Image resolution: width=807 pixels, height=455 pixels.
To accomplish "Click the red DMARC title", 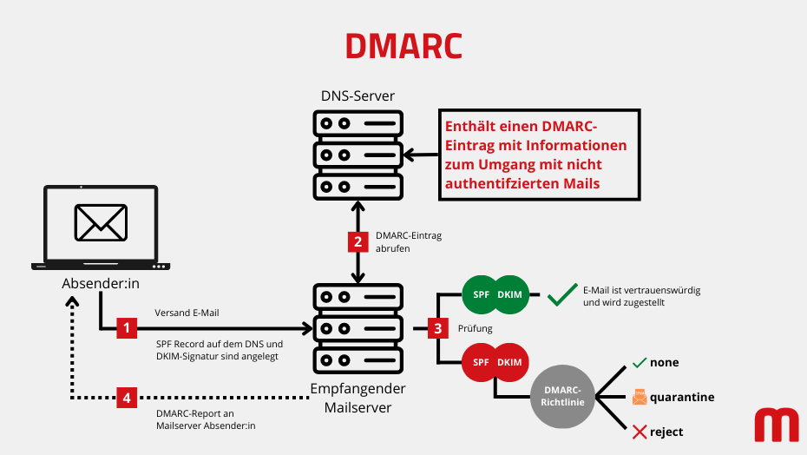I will pos(403,46).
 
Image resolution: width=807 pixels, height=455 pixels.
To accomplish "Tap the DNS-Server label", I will pos(358,96).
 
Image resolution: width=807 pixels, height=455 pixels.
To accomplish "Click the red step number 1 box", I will pos(128,327).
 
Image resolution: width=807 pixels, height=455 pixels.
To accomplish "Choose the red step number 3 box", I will pos(438,328).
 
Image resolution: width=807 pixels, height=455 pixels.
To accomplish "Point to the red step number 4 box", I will pos(128,398).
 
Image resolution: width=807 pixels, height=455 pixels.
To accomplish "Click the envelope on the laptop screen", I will pos(101,222).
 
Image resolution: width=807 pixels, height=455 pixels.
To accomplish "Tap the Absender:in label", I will pos(101,284).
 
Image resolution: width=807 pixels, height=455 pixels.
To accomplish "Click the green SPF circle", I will pos(480,295).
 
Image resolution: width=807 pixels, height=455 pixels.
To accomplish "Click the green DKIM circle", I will pos(512,295).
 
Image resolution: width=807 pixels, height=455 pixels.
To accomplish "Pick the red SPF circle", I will pos(480,361).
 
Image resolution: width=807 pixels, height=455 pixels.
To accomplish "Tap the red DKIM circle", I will pos(512,361).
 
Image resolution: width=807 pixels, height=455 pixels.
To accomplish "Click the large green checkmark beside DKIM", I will pos(562,295).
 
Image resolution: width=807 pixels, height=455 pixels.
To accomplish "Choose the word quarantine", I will pos(682,397).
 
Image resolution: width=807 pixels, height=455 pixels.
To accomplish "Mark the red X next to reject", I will pos(640,432).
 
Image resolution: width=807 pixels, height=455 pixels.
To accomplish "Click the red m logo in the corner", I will pos(776,425).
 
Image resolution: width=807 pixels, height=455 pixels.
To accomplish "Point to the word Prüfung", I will pos(475,328).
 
